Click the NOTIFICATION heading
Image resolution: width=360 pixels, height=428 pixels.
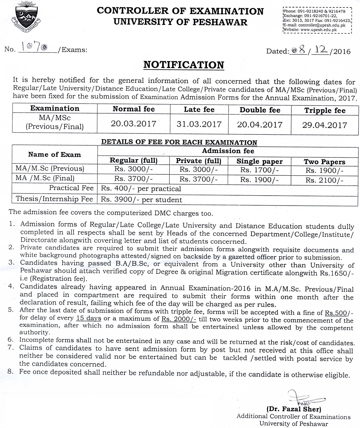(183, 65)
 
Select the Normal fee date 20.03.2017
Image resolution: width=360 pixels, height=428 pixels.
(134, 124)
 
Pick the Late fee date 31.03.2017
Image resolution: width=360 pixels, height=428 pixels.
(199, 124)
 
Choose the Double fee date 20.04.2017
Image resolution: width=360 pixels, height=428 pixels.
(260, 125)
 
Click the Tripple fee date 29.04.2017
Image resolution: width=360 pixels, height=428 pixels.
(324, 125)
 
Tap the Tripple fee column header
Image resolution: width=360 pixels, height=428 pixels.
(325, 110)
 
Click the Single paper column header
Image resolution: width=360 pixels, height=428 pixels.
(259, 161)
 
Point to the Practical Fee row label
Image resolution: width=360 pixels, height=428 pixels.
(71, 188)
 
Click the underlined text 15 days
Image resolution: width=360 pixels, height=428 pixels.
(89, 319)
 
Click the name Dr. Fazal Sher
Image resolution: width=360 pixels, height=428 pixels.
(294, 409)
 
